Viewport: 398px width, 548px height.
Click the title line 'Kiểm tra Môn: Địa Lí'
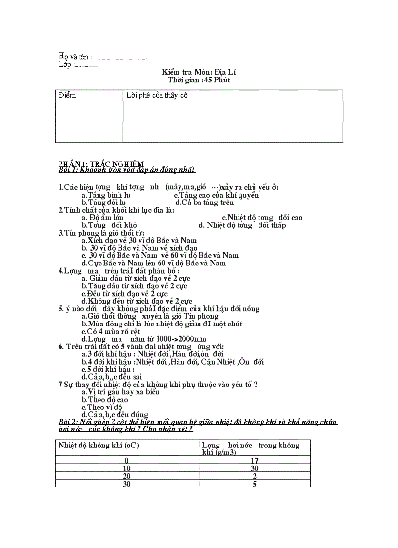[199, 72]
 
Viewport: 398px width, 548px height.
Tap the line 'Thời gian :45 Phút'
[199, 80]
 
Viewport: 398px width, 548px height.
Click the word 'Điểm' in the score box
[67, 95]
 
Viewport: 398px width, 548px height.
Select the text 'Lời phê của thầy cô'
[157, 95]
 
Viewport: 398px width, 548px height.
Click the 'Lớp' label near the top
[65, 65]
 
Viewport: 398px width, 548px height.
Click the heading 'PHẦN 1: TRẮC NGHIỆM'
[101, 163]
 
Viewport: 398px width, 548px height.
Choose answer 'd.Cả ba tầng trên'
[204, 203]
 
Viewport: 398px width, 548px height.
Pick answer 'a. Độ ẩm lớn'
[102, 218]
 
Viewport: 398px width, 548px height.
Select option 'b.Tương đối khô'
[109, 225]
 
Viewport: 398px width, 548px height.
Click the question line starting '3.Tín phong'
[101, 233]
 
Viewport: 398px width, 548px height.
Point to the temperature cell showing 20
[127, 476]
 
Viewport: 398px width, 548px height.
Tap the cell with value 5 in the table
[255, 484]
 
